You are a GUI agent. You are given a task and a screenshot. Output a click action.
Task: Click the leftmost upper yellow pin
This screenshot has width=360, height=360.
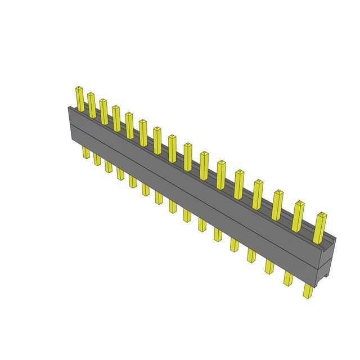click(80, 99)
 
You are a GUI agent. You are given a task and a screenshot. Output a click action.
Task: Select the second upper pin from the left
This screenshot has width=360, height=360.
click(91, 105)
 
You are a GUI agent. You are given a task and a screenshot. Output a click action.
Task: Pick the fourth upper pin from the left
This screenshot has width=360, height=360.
click(116, 118)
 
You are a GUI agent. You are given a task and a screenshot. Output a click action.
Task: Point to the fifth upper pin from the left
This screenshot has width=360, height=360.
click(129, 125)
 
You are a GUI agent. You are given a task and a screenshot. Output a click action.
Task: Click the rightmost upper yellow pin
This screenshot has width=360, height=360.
click(321, 227)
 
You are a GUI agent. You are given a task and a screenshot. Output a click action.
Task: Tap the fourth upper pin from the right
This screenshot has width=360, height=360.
click(259, 194)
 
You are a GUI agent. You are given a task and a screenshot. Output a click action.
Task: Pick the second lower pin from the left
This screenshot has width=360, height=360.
click(97, 159)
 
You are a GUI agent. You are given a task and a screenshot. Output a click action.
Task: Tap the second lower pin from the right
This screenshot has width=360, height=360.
click(289, 278)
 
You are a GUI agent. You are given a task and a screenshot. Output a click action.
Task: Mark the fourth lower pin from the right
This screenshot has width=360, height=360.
click(251, 255)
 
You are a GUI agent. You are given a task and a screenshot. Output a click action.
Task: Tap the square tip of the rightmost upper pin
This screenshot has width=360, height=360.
click(321, 215)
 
